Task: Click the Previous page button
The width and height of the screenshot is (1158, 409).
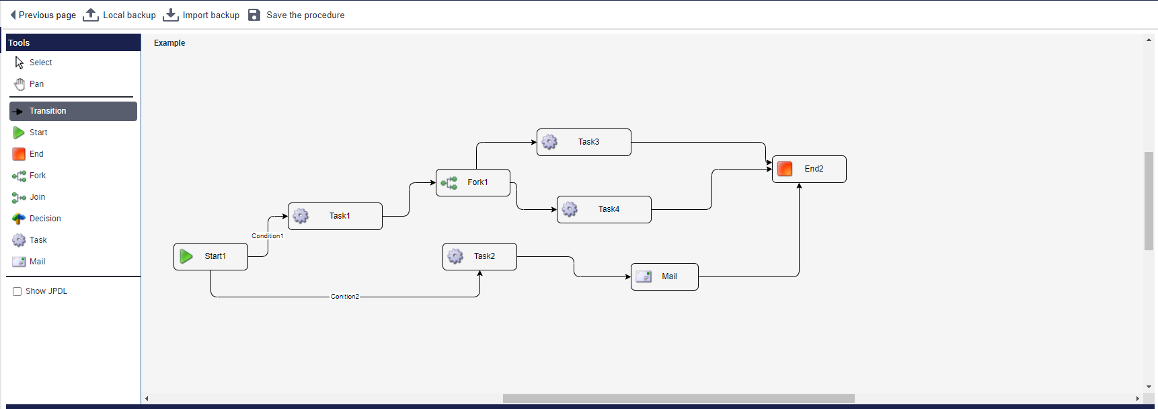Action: coord(43,15)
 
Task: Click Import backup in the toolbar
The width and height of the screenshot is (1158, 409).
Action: coord(201,15)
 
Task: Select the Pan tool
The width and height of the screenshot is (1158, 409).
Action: coord(36,84)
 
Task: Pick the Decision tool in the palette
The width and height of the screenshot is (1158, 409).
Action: coord(44,219)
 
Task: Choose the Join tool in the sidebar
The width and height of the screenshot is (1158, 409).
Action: coord(37,197)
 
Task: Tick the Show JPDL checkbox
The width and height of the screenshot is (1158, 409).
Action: coord(17,291)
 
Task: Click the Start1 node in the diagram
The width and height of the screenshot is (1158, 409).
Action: coord(210,256)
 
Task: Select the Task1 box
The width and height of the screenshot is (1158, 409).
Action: coord(335,216)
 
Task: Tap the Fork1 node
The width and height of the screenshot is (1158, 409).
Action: coord(473,182)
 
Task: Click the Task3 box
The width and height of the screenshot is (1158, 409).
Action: coord(584,142)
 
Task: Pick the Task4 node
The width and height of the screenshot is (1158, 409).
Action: coord(604,209)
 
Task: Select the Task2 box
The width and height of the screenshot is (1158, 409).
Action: coord(479,256)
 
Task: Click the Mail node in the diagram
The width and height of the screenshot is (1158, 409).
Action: coord(664,276)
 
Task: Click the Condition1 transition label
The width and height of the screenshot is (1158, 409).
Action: coord(267,236)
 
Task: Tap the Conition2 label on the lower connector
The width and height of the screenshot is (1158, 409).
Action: coord(344,297)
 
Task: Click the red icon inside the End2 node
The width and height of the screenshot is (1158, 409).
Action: coord(785,169)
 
